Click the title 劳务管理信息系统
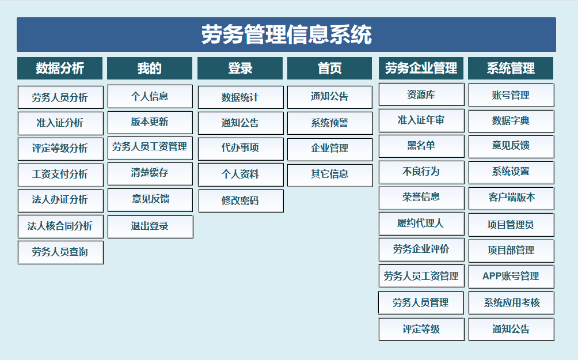click(287, 35)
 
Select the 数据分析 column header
click(60, 68)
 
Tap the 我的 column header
click(150, 68)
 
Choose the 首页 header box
click(329, 68)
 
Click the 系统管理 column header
click(511, 68)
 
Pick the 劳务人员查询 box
click(60, 252)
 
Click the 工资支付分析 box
click(60, 175)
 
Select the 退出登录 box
click(150, 226)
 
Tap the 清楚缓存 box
click(150, 173)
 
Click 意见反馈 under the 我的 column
click(150, 200)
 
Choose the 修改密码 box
click(241, 200)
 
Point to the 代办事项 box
click(241, 149)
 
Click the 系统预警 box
click(330, 123)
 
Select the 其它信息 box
click(330, 175)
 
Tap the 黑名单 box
click(421, 146)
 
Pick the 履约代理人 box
click(421, 223)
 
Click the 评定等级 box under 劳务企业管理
click(421, 329)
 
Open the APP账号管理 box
click(511, 276)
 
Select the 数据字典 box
click(511, 121)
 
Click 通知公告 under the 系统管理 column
click(511, 329)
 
